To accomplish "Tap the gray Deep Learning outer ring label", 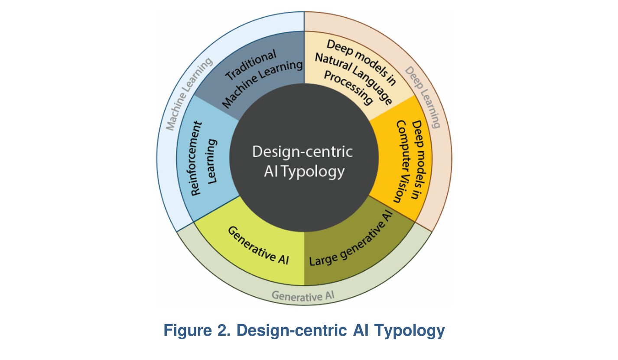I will [x=423, y=97].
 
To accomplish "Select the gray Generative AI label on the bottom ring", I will [x=303, y=296].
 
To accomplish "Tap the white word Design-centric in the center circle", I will [x=302, y=152].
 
